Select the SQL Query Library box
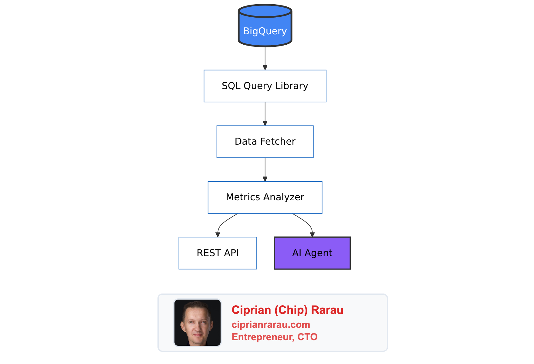[265, 86]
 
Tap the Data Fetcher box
[265, 142]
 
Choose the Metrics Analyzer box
[265, 197]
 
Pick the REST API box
[218, 253]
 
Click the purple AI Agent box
[312, 253]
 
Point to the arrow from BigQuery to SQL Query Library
[265, 58]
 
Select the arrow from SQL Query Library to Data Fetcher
[265, 114]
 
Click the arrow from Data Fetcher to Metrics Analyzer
[265, 170]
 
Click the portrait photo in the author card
[198, 323]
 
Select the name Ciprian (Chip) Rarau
[287, 310]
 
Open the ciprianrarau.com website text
[271, 325]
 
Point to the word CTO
[307, 337]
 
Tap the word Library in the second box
[292, 86]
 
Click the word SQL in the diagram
[231, 86]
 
